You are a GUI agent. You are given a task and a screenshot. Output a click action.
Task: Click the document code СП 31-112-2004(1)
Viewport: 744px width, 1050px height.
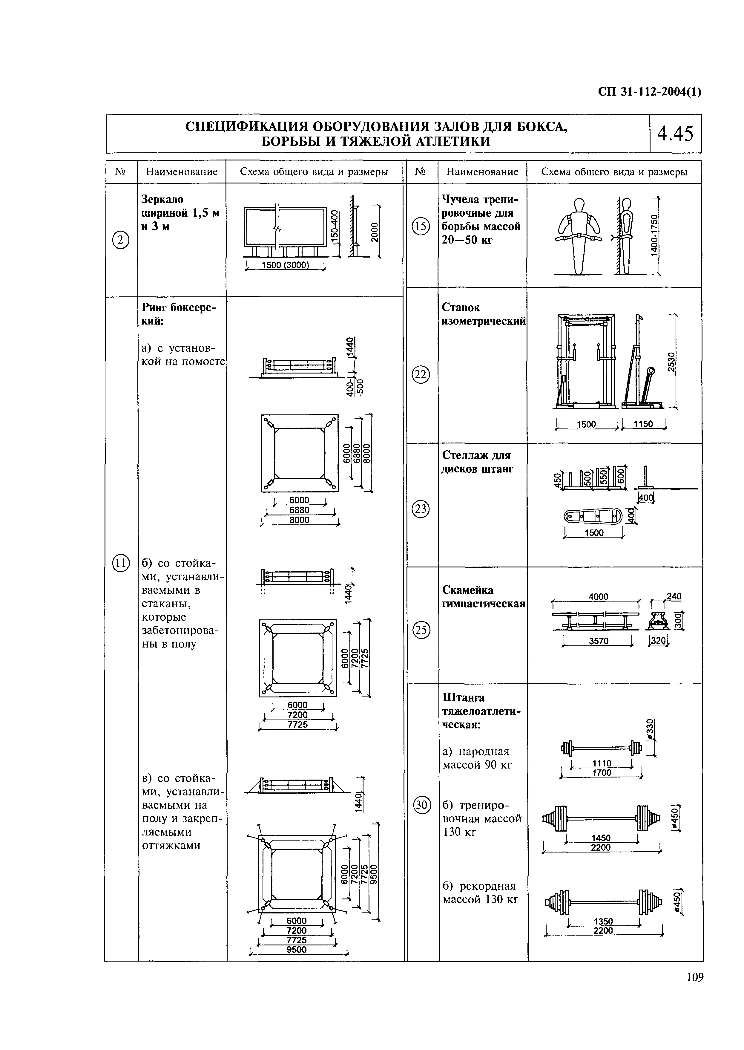pos(650,92)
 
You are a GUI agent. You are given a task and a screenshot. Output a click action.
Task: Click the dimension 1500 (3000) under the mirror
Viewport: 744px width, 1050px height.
pos(285,265)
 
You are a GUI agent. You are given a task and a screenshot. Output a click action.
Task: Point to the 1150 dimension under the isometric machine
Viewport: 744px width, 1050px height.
pos(643,424)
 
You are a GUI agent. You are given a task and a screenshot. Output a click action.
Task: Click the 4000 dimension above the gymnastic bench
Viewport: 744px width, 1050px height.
pos(598,597)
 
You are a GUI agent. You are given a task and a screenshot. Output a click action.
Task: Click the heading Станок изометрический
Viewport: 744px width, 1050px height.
pos(483,314)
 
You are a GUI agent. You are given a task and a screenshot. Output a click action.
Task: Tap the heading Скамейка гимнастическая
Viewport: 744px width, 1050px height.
pos(483,597)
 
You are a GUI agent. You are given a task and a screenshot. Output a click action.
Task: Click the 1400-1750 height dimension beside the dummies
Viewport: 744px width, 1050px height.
pos(655,235)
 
